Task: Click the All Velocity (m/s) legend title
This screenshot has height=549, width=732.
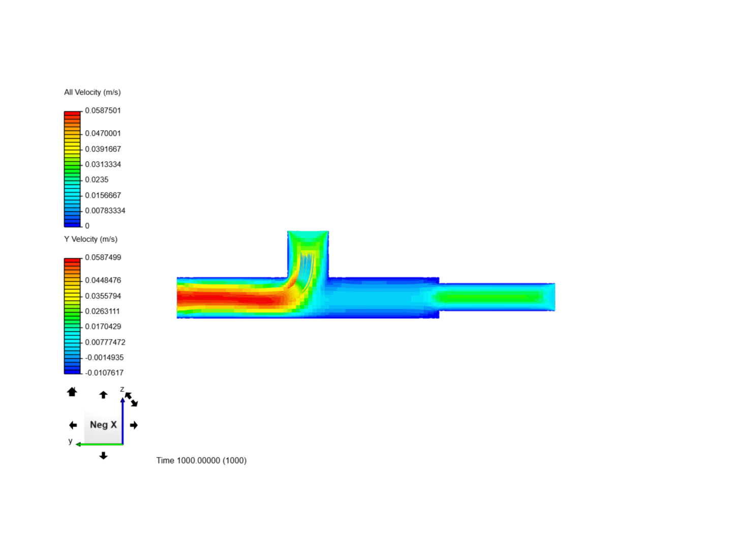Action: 93,93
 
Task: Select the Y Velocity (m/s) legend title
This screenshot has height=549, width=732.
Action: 90,239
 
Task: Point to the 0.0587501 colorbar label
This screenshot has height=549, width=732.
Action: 103,111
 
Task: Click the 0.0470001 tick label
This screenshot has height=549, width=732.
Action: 103,134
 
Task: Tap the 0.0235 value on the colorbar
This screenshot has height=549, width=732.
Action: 97,180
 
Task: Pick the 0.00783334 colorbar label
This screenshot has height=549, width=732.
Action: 105,210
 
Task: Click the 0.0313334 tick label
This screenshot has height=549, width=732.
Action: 103,165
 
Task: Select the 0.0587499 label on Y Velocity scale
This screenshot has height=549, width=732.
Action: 103,258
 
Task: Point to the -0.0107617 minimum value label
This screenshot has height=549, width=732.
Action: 104,373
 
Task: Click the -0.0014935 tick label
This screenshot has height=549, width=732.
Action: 104,358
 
